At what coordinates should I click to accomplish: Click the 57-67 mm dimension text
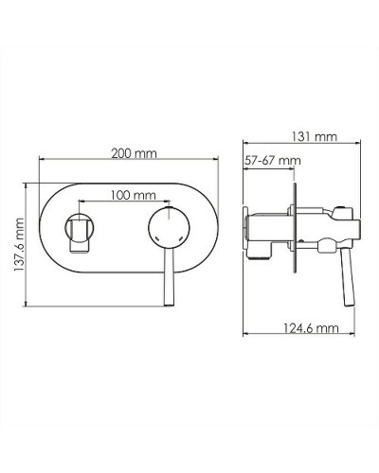[272, 162]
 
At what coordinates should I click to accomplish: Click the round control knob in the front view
[169, 230]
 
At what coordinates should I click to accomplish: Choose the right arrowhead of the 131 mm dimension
[364, 145]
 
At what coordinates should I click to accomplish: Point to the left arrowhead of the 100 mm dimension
[80, 202]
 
